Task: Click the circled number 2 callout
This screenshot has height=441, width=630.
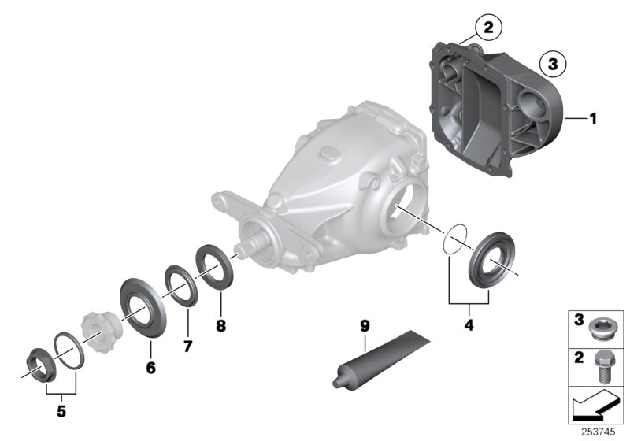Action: (487, 28)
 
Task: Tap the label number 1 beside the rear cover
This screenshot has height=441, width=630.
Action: (593, 119)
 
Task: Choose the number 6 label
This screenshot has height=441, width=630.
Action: (150, 368)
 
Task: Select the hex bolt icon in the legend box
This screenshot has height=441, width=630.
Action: (603, 365)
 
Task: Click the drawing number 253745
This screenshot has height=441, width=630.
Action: (600, 432)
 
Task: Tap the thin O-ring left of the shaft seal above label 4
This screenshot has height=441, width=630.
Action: (454, 239)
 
